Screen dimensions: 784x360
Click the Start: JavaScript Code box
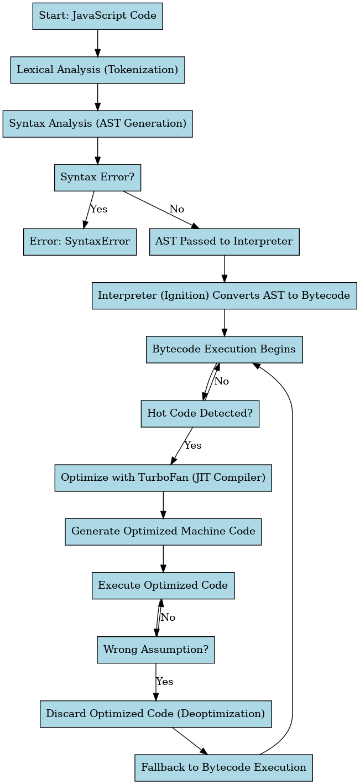coord(97,16)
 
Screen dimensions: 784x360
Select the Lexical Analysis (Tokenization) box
coord(97,70)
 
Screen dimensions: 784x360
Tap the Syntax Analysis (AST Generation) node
coord(97,123)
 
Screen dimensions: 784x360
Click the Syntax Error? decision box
coord(97,178)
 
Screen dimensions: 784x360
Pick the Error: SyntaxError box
coord(80,242)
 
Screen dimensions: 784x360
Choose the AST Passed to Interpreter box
coord(224,242)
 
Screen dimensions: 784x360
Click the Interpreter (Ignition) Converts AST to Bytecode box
coord(224,295)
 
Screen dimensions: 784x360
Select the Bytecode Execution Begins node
coord(224,350)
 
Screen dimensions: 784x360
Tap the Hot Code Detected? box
coord(200,413)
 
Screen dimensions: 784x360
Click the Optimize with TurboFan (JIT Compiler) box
coord(163,477)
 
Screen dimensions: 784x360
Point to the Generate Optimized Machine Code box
coord(163,532)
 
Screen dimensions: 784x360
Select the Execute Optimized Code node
coord(163,585)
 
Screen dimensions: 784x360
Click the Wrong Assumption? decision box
coord(156,650)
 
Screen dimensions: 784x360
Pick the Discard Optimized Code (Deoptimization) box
coord(155,714)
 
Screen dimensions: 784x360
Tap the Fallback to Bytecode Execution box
coord(223,767)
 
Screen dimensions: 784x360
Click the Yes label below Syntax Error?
coord(98,209)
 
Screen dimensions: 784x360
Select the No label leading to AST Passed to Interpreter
coord(177,209)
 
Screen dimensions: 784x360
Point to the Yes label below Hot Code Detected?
coord(193,445)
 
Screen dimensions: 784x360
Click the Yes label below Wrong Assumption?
coord(165,682)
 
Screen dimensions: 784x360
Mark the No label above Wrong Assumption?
coord(168,617)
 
